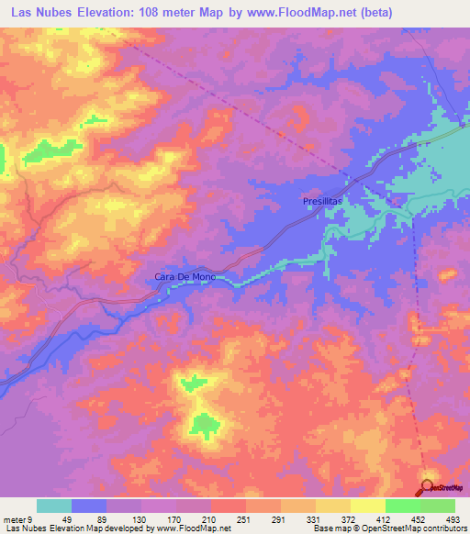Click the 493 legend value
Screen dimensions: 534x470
coord(451,519)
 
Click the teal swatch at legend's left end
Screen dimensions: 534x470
coord(54,506)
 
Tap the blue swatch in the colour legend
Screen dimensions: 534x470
coord(89,506)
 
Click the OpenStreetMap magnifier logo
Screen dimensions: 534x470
coord(429,487)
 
